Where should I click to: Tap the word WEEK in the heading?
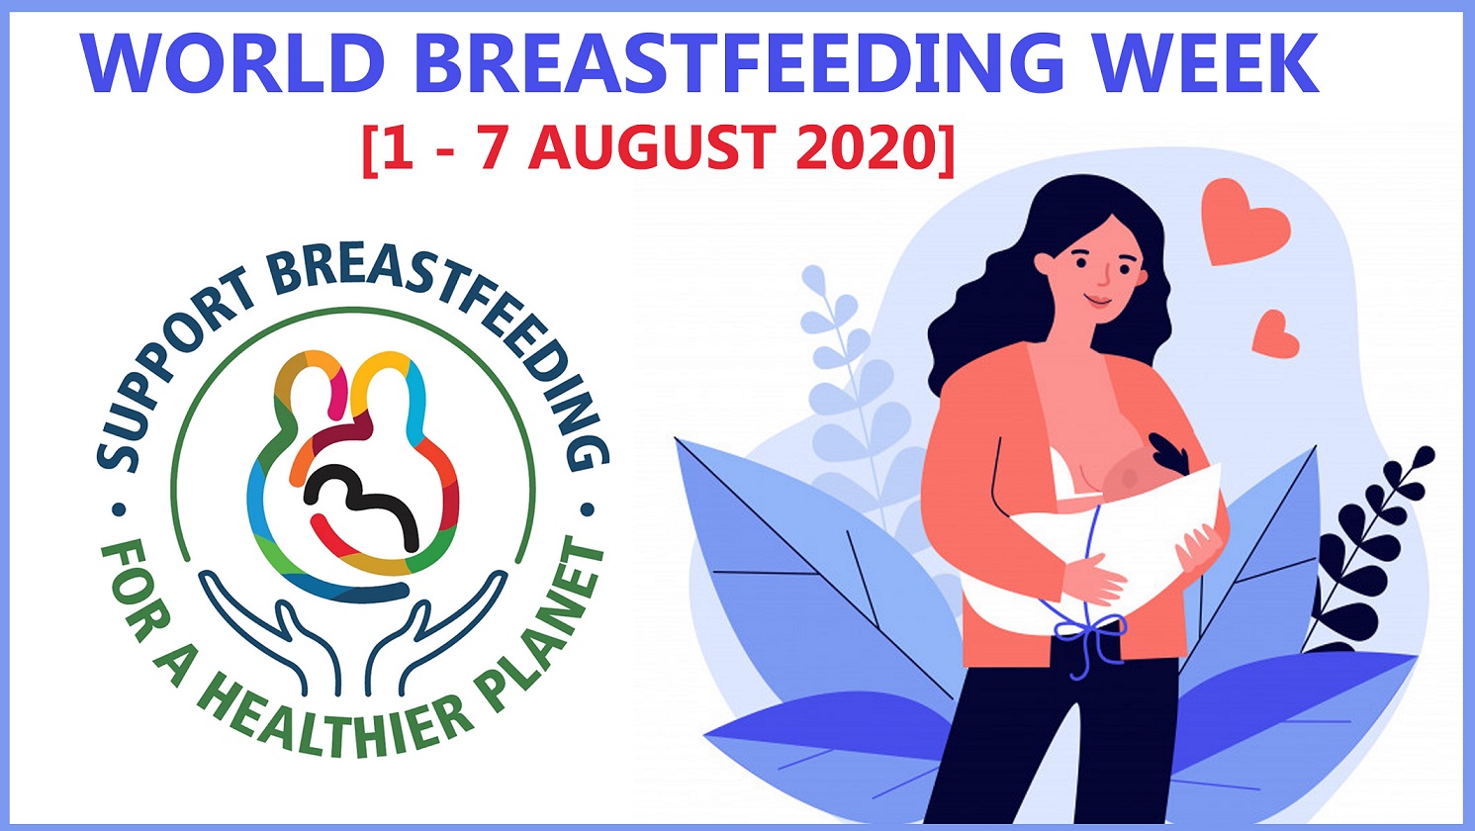(x=1207, y=63)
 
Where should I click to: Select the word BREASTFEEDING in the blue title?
(x=739, y=63)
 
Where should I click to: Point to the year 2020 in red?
(x=866, y=148)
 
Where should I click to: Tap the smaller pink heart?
(x=1275, y=334)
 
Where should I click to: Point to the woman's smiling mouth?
(x=1098, y=302)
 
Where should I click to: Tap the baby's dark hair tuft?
(x=1169, y=453)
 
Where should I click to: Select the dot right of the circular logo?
(x=588, y=509)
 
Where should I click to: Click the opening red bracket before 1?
(x=369, y=150)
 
